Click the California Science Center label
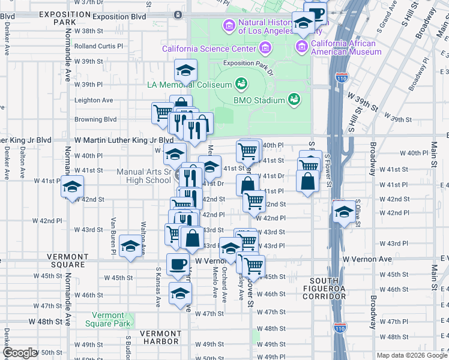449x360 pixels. pyautogui.click(x=209, y=48)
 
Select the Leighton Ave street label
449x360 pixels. pyautogui.click(x=94, y=100)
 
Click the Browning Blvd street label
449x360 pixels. pyautogui.click(x=95, y=119)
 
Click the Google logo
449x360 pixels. pyautogui.click(x=20, y=353)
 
